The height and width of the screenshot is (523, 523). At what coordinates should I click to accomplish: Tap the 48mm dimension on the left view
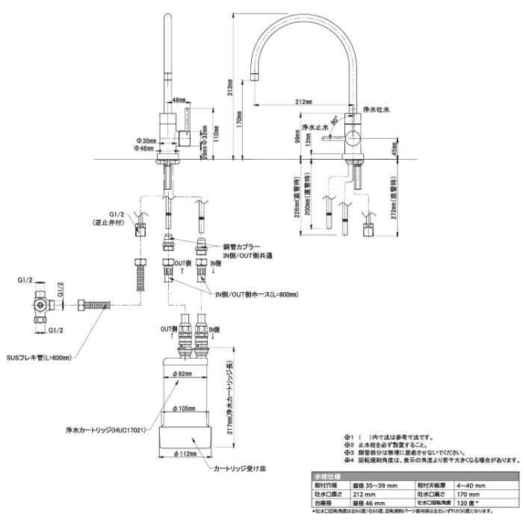coord(179,99)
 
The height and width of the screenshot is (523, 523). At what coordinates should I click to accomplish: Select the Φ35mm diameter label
coord(146,140)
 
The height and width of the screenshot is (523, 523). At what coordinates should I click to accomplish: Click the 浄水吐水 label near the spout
coord(377,110)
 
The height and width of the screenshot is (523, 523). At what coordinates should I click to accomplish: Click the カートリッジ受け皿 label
coord(238,469)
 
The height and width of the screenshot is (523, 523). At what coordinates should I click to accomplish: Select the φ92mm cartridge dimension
coord(183,374)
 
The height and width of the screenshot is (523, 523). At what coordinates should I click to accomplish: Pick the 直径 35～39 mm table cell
coord(374,485)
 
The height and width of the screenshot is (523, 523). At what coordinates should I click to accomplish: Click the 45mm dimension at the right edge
coord(394,149)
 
